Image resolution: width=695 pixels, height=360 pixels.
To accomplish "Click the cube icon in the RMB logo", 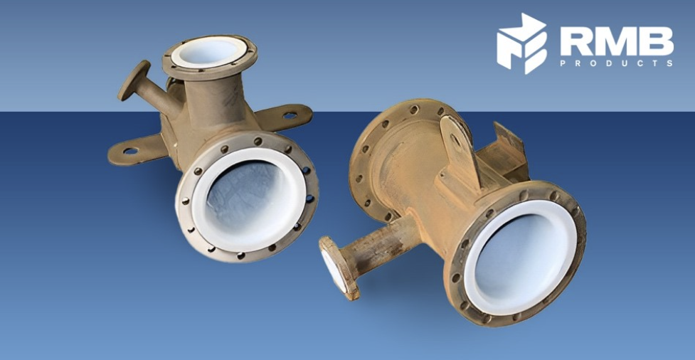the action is tap(521, 43).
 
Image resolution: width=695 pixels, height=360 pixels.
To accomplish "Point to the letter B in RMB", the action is tap(657, 41).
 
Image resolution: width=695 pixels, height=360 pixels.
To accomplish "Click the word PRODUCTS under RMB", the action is tap(617, 63).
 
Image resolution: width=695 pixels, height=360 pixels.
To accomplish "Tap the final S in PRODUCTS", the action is tap(670, 63).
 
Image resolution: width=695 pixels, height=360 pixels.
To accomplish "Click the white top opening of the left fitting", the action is tap(208, 51).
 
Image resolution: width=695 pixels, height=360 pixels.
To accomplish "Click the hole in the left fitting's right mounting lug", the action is tap(290, 115).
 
